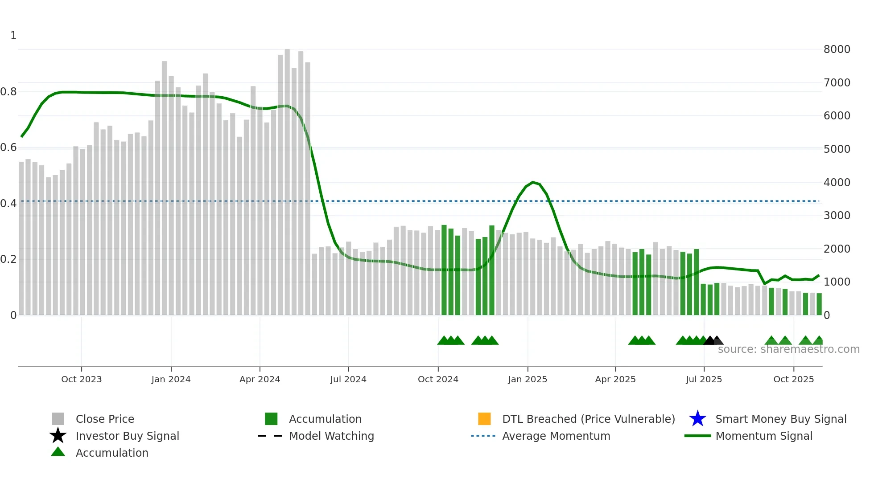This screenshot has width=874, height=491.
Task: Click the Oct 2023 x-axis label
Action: point(81,379)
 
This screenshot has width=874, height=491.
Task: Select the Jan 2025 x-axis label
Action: point(528,379)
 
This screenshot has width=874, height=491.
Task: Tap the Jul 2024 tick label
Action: point(348,379)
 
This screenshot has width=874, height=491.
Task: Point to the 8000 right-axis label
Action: point(837,49)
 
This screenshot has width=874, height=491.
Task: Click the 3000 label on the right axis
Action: point(837,216)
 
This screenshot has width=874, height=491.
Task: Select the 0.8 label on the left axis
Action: point(8,92)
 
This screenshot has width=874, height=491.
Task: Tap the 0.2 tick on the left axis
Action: point(8,259)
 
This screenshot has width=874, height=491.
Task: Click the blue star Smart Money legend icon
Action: point(697,419)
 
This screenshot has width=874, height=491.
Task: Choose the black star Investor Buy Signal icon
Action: point(58,436)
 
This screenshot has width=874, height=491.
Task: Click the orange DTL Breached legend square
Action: point(484,419)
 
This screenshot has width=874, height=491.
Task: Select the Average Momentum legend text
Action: point(556,436)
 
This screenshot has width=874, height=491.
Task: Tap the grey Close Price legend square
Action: point(58,419)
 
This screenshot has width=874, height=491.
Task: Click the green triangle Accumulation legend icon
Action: point(58,452)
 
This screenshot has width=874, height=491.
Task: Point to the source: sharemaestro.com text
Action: point(788,349)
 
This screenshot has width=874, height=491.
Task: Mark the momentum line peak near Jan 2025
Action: point(533,182)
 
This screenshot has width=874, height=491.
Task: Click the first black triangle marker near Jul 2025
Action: point(709,341)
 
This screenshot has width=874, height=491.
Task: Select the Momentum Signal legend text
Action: point(764,436)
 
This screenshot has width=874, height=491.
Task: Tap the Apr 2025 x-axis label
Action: point(615,379)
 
